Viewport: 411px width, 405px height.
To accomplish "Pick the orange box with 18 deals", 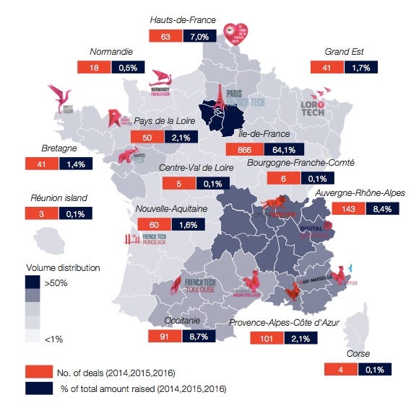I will click(x=93, y=67).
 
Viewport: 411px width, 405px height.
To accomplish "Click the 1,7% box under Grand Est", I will click(x=360, y=67).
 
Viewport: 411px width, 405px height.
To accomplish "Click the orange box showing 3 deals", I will click(x=40, y=214).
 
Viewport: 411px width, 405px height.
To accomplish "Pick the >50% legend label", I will click(x=56, y=284).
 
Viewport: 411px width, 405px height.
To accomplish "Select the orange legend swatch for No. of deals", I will click(x=37, y=372).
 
